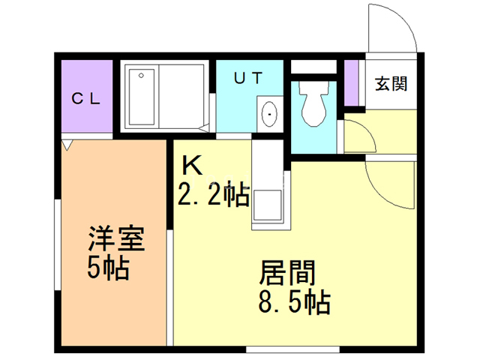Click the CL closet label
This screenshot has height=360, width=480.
(85, 98)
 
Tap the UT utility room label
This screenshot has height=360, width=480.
(248, 78)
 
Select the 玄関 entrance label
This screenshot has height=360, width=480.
(391, 83)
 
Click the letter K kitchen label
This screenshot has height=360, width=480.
(193, 165)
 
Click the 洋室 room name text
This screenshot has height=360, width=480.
(116, 238)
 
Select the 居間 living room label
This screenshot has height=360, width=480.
(287, 272)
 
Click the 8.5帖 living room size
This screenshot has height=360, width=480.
(295, 302)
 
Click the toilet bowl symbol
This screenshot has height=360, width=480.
(313, 103)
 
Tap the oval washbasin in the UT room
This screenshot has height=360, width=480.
(270, 114)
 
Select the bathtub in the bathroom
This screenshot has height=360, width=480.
(142, 97)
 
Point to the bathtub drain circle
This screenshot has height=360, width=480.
(141, 75)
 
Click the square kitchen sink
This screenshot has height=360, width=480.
(267, 205)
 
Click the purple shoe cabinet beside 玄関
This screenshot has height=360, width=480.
(351, 83)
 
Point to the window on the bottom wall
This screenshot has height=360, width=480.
(292, 349)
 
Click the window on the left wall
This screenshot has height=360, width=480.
(58, 244)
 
